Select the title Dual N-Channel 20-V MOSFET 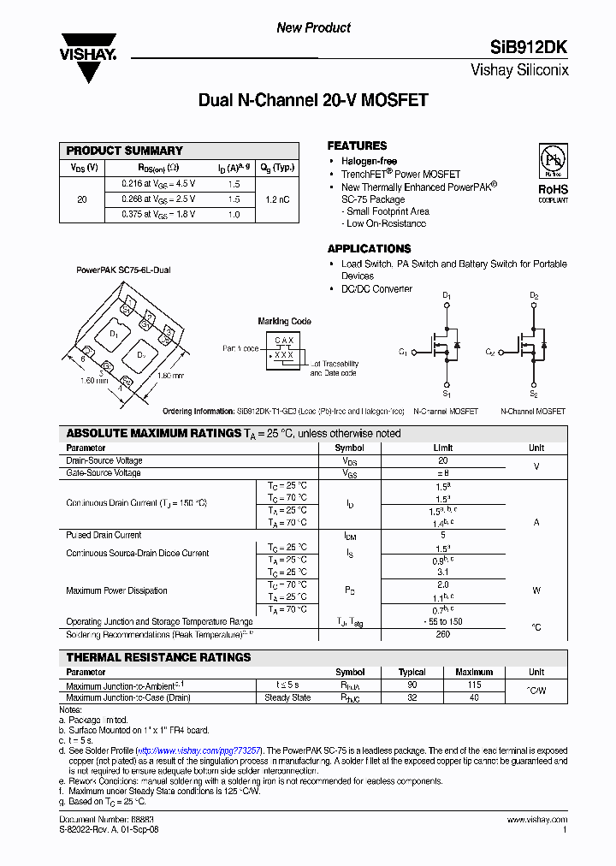313,101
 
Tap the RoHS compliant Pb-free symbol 552,161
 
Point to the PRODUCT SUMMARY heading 125,151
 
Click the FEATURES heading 357,145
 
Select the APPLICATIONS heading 370,249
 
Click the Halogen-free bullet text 369,162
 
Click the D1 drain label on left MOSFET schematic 446,296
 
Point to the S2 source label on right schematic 533,394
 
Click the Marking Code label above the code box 285,322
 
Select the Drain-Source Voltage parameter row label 104,460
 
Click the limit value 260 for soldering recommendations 442,635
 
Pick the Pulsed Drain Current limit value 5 442,535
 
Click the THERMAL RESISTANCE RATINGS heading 159,657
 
